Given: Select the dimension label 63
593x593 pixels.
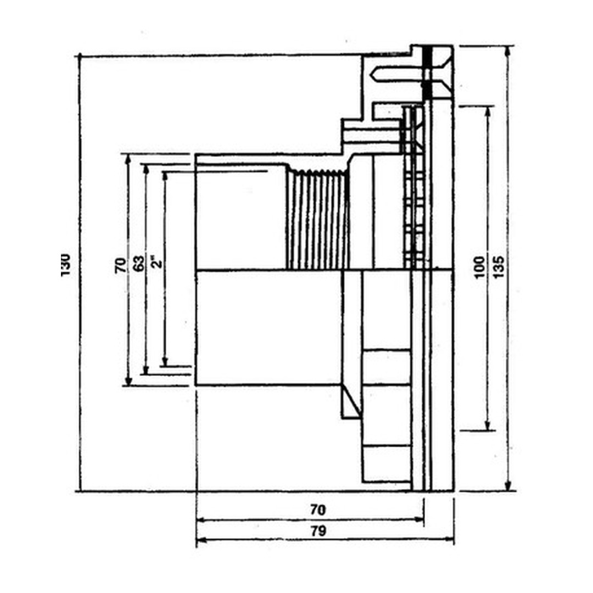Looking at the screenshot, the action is pyautogui.click(x=139, y=264).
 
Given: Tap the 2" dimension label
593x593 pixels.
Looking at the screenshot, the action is pyautogui.click(x=156, y=260).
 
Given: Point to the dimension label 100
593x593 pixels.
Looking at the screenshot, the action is pyautogui.click(x=479, y=267).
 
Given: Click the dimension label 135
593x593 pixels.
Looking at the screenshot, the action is pyautogui.click(x=499, y=267).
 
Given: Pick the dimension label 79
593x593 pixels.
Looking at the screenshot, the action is pyautogui.click(x=318, y=531).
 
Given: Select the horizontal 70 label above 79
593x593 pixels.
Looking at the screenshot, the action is pyautogui.click(x=318, y=510).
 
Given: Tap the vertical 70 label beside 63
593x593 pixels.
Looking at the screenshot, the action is pyautogui.click(x=120, y=265).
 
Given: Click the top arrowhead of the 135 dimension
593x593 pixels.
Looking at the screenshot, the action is pyautogui.click(x=508, y=50).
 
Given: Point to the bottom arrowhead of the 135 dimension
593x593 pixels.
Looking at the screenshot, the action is pyautogui.click(x=508, y=486).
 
